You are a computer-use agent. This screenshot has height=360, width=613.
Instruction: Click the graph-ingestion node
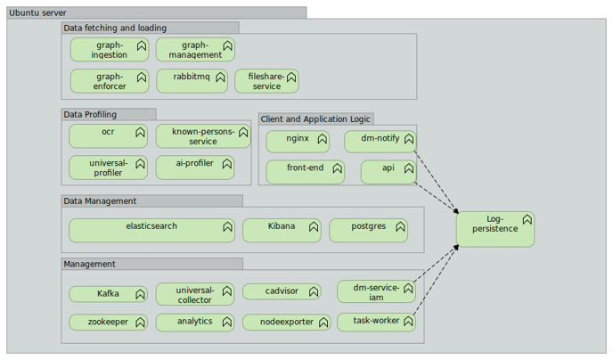tap(109, 50)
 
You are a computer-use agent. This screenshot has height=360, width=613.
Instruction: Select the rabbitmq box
tap(192, 81)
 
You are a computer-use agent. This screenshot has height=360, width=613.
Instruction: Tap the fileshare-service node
tap(266, 81)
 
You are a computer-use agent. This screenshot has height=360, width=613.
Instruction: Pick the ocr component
tap(108, 136)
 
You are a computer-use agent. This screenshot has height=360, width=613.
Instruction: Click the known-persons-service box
tap(202, 136)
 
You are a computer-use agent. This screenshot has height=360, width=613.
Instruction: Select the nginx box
tap(297, 142)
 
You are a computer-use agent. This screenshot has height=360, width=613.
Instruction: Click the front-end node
tap(305, 172)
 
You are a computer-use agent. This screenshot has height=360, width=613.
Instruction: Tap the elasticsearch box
tap(151, 231)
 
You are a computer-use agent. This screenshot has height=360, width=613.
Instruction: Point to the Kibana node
tap(281, 231)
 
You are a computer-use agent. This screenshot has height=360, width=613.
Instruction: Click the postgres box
tap(368, 231)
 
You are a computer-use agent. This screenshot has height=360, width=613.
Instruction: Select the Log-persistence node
tap(494, 229)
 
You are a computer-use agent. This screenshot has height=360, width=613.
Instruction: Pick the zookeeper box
tap(108, 322)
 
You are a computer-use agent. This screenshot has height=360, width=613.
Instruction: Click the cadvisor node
tap(281, 291)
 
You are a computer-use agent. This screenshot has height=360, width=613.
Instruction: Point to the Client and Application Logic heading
tap(315, 119)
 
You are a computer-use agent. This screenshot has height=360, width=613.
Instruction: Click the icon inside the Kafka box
tap(140, 293)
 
